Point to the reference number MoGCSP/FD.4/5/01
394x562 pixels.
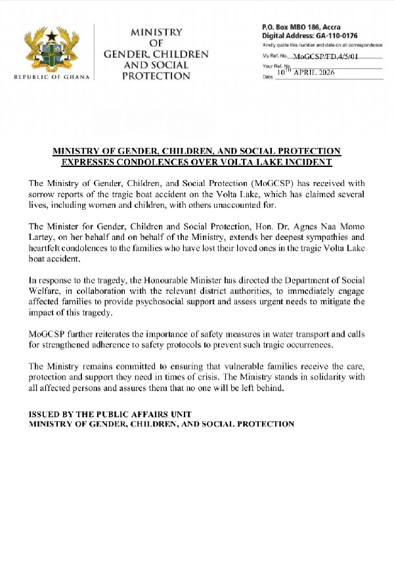point(326,57)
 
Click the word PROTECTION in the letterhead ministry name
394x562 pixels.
point(156,76)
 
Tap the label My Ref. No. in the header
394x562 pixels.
point(276,57)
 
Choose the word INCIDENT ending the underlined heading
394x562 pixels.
point(305,162)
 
